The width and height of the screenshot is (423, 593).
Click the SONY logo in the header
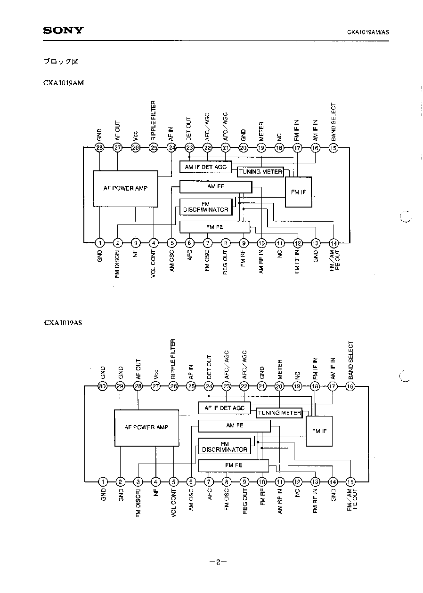(x=63, y=31)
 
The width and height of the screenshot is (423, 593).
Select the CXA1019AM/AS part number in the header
(x=368, y=32)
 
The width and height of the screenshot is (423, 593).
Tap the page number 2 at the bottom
(x=218, y=562)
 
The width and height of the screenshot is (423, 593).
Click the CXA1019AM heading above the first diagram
(x=64, y=83)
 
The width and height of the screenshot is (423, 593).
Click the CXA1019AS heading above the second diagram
(x=63, y=323)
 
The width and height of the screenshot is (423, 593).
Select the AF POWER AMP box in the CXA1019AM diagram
(x=126, y=189)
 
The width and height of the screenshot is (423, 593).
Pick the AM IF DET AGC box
(x=206, y=167)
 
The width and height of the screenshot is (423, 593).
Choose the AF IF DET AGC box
(x=225, y=408)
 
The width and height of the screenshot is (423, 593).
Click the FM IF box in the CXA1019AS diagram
(x=319, y=431)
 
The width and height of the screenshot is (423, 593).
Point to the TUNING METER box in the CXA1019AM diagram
(x=260, y=172)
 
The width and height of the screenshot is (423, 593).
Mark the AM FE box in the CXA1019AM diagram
(x=216, y=187)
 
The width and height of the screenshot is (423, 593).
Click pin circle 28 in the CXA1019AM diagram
(x=100, y=148)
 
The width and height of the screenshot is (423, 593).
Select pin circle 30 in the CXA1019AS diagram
(x=103, y=386)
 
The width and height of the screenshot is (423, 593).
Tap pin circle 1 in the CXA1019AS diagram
(x=103, y=482)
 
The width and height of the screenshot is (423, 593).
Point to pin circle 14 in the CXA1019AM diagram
(x=334, y=243)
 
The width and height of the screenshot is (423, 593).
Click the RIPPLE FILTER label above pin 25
(x=153, y=120)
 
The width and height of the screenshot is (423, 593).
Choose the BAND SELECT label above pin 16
(x=350, y=361)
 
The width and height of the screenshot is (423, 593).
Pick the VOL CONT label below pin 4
(x=153, y=264)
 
